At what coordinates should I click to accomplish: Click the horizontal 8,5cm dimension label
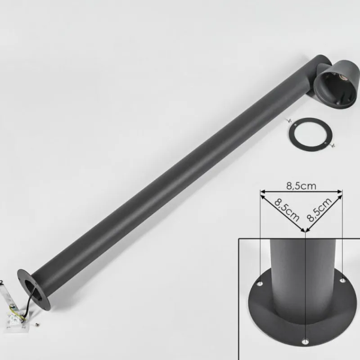[x=301, y=185]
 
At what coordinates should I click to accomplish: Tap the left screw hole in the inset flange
[x=260, y=284]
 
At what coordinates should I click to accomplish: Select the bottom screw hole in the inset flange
[x=306, y=341]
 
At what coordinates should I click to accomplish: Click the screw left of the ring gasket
[x=288, y=120]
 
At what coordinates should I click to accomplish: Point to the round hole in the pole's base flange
[x=32, y=288]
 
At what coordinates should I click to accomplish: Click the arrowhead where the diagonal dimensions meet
[x=306, y=231]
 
